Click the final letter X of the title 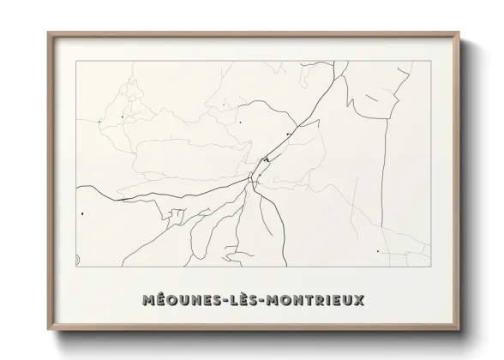point(359,301)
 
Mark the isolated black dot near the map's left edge point(82,213)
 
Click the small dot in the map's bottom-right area point(377,251)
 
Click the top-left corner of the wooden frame point(48,33)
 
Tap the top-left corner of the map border point(76,62)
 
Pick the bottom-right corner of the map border point(428,267)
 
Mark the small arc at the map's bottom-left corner point(78,258)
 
